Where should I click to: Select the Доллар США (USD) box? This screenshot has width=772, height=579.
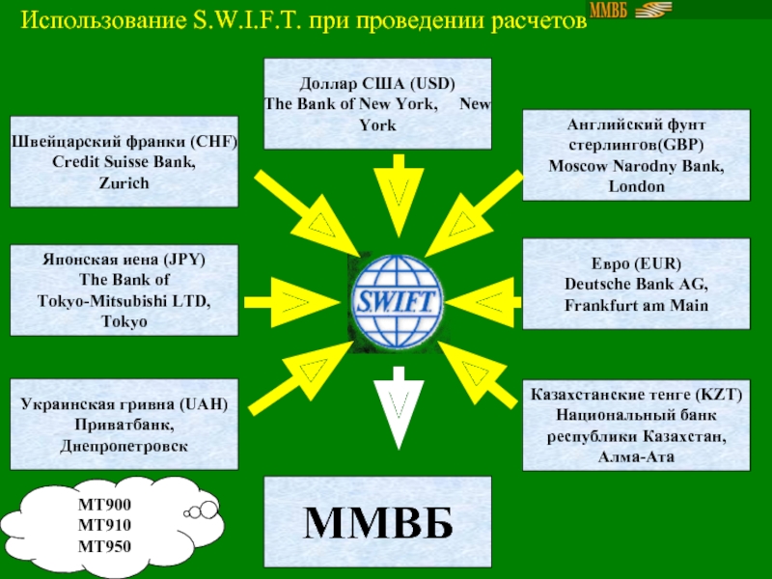click(377, 103)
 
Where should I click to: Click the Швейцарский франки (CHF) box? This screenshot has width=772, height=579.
click(124, 163)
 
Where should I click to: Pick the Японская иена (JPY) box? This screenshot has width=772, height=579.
click(124, 289)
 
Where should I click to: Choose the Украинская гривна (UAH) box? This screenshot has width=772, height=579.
click(124, 424)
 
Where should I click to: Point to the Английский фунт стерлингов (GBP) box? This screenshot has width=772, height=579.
click(636, 154)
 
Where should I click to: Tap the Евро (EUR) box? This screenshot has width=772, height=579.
click(636, 285)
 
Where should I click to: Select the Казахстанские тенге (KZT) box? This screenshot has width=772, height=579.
click(636, 425)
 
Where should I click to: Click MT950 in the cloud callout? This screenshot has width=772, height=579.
click(106, 547)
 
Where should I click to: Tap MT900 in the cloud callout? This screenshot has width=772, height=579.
click(106, 506)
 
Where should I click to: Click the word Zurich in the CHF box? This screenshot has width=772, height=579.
click(124, 183)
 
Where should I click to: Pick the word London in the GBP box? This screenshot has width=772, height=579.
click(636, 186)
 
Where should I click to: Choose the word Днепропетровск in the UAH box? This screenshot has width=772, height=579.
click(124, 447)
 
